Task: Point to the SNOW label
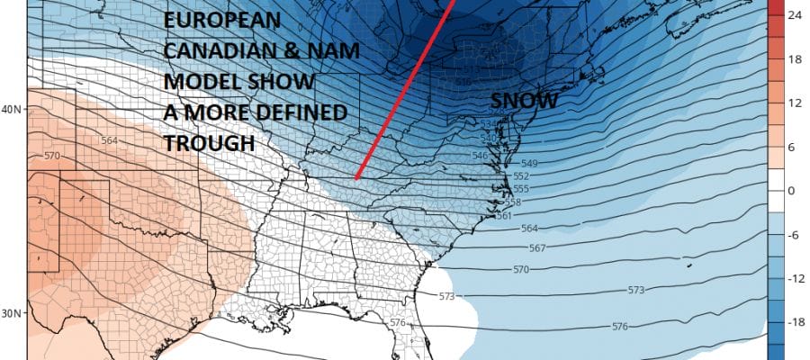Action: point(524,102)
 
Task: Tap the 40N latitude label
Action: point(13,110)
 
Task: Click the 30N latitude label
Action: point(13,313)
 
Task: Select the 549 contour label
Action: point(531,164)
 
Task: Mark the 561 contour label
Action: point(504,216)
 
